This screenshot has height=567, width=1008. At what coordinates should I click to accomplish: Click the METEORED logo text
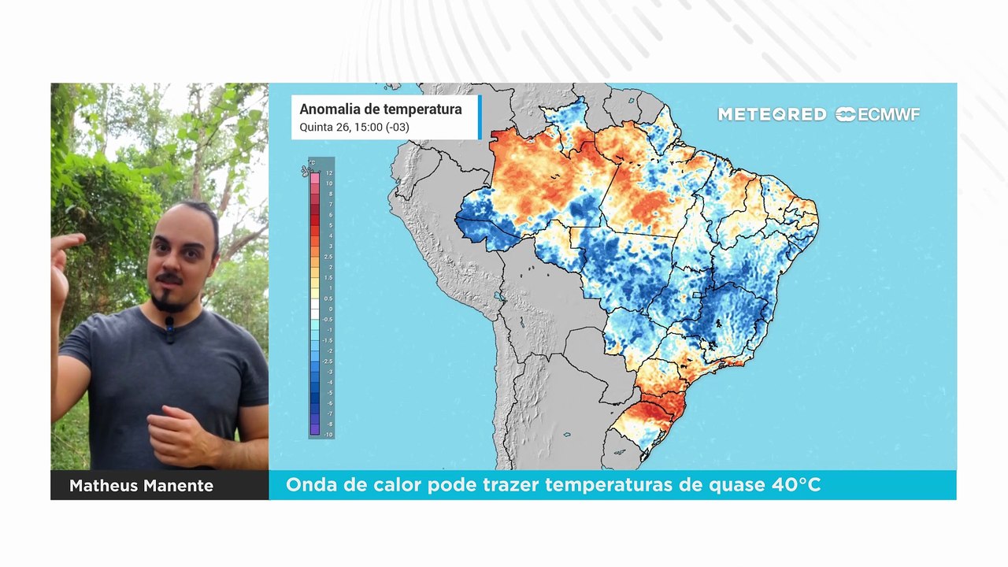(x=772, y=114)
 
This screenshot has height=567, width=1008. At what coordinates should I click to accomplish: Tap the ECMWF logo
(x=877, y=114)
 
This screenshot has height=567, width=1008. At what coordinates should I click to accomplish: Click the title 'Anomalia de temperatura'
(x=380, y=109)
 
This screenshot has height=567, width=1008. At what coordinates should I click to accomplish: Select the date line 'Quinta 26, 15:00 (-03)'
(x=354, y=127)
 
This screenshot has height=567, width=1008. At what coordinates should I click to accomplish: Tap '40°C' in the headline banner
(x=797, y=485)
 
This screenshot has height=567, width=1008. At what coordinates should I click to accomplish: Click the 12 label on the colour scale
(x=329, y=172)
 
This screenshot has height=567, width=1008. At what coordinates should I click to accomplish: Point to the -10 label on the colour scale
(x=328, y=435)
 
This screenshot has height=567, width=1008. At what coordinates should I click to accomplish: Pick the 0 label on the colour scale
(x=330, y=309)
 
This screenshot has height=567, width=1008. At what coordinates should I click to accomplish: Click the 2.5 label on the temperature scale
(x=328, y=257)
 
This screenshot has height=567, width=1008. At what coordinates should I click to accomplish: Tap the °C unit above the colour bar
(x=312, y=163)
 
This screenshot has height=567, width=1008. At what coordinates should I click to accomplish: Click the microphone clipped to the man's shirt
(x=169, y=329)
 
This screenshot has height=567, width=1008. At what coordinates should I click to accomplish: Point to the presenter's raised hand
(x=63, y=260)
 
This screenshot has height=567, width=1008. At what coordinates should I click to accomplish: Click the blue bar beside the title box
(x=479, y=117)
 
